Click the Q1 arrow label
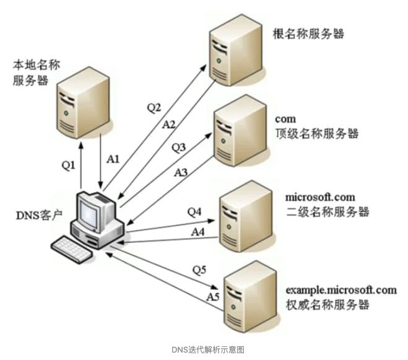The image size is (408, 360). (x=68, y=165)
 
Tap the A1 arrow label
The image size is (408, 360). (x=113, y=159)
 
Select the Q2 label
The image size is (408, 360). (x=154, y=108)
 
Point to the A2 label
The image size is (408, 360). (x=168, y=124)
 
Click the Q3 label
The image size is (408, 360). (x=179, y=147)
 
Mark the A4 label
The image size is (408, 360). (x=198, y=231)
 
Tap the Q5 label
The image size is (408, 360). (x=199, y=270)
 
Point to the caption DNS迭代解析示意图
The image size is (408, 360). (x=204, y=349)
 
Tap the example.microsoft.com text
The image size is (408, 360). (x=341, y=289)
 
